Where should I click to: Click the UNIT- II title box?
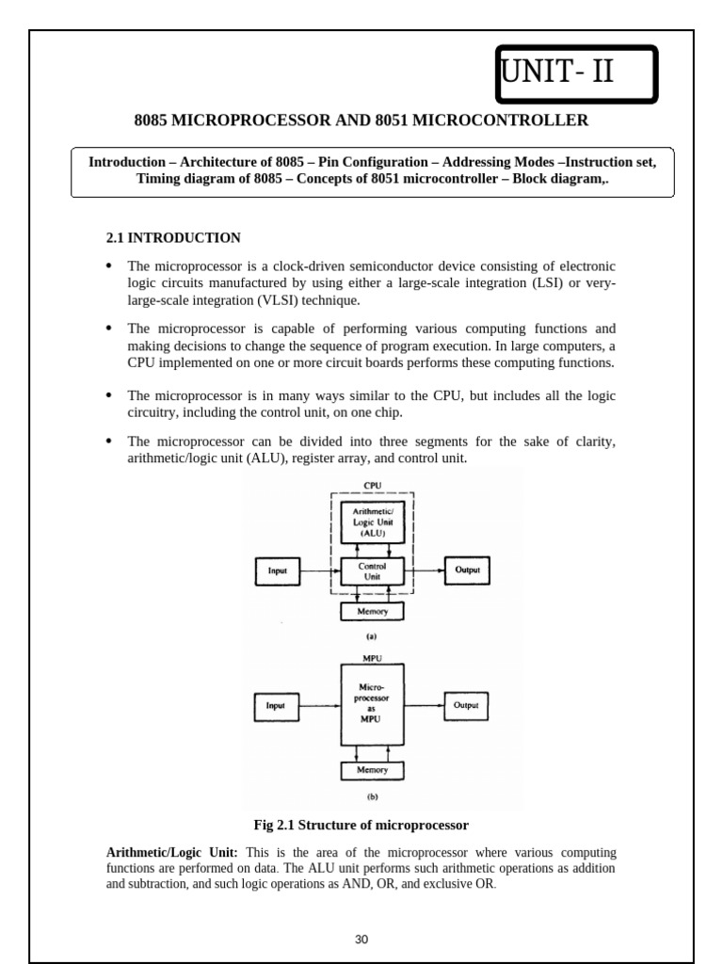(576, 73)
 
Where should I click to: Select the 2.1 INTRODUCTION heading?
(173, 238)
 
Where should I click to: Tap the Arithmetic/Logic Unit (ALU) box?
(372, 521)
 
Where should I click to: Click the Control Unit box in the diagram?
(372, 571)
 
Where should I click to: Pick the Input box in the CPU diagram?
(278, 570)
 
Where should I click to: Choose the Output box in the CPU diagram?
(466, 570)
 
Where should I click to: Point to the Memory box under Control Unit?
(372, 611)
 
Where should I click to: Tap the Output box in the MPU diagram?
(466, 705)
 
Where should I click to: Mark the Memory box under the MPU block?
(372, 770)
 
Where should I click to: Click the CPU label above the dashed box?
(373, 486)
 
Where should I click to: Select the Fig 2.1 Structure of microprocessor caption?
(361, 826)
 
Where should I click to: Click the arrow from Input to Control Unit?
(319, 570)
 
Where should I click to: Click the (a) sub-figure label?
(372, 635)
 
